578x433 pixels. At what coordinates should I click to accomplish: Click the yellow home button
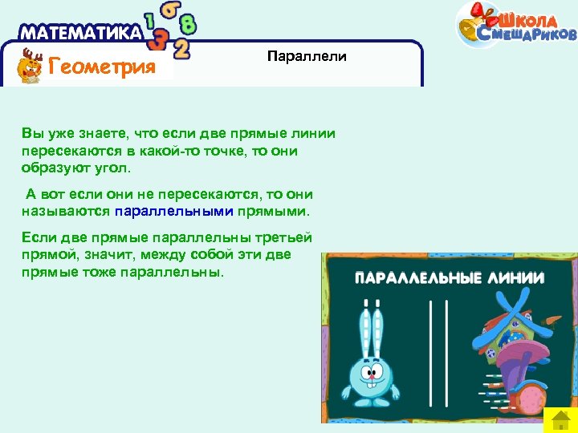click(560, 419)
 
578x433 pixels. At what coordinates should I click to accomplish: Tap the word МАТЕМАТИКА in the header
click(79, 33)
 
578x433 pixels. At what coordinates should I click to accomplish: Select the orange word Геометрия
click(101, 66)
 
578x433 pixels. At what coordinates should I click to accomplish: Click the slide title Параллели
click(307, 56)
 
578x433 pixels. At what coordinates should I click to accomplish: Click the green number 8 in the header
click(188, 23)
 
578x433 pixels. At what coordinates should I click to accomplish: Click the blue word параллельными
click(173, 212)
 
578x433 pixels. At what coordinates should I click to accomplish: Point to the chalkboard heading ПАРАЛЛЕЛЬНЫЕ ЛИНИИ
click(450, 278)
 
